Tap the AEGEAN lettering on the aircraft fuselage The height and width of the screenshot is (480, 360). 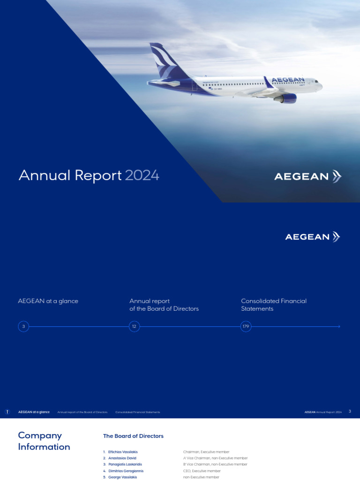tap(288, 80)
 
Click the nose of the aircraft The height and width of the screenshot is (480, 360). tap(321, 86)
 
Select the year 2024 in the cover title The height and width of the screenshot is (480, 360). tap(142, 175)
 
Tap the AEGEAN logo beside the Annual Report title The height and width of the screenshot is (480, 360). tap(307, 177)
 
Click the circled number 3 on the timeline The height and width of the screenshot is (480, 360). tap(23, 326)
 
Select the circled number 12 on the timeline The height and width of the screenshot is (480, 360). tap(134, 326)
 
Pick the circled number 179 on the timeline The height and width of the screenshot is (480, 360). tap(246, 326)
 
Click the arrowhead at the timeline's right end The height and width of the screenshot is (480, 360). tap(338, 326)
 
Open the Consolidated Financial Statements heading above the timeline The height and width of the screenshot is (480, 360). tap(273, 305)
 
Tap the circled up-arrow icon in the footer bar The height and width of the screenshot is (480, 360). tap(7, 412)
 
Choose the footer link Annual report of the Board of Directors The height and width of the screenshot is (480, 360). tap(82, 412)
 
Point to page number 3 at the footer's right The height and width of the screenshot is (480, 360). tap(350, 412)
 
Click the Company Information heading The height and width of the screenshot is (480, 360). tap(44, 441)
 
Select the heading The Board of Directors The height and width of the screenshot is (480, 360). tap(133, 436)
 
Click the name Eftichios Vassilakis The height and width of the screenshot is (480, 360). tap(123, 452)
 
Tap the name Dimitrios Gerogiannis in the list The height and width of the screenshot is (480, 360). tap(126, 471)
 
